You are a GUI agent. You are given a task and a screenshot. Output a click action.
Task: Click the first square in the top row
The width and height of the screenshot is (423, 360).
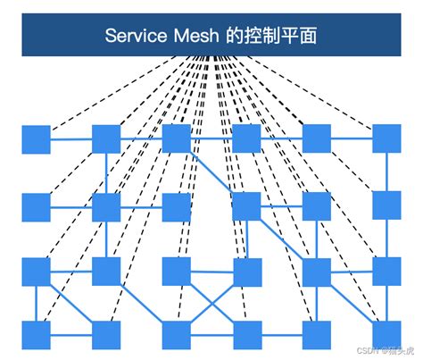pos(36,139)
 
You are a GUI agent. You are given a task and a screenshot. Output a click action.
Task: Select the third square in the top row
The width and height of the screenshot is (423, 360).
pos(176,139)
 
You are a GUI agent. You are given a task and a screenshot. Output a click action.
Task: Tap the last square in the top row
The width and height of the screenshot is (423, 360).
pos(386,139)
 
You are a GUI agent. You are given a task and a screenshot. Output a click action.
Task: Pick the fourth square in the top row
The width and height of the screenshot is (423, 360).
pos(245,139)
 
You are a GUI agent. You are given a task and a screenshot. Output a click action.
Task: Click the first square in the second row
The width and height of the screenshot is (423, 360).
pos(36,206)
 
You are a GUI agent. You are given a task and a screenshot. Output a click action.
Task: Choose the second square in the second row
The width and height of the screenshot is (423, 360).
pos(106,206)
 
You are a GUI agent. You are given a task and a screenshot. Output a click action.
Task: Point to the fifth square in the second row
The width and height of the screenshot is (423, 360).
pos(316,206)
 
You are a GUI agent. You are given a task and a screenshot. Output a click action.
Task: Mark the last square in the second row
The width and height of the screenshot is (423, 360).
pos(386,206)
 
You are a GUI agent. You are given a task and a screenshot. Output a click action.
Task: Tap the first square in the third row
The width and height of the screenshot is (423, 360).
pos(36,271)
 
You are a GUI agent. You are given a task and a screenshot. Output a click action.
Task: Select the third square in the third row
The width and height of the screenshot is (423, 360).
pos(176,271)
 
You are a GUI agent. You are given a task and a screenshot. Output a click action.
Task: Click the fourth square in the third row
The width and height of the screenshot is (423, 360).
pos(245,271)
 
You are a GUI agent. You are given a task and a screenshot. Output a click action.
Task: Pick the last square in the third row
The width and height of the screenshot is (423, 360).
pos(386,271)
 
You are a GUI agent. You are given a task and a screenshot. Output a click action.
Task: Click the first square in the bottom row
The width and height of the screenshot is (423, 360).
pos(36,334)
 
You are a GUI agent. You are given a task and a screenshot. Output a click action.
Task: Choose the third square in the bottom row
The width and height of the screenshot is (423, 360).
pos(176,334)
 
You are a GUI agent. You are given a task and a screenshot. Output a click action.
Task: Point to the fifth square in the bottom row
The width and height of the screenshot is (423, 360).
pos(316,334)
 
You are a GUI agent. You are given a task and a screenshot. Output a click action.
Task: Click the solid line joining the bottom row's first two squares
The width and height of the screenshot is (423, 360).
pos(71,335)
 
